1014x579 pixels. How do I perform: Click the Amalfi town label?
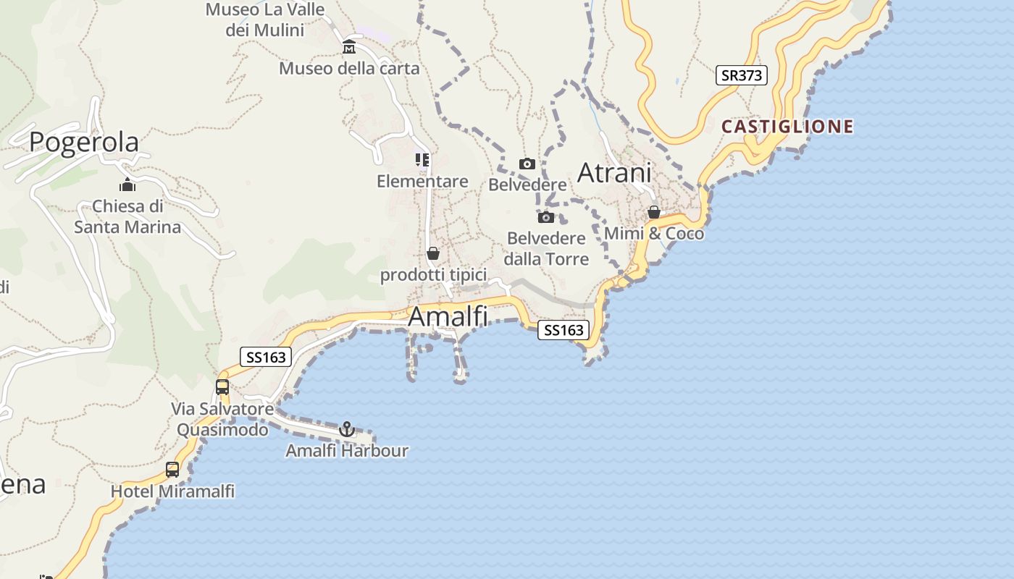point(448,317)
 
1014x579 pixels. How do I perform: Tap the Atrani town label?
point(614,173)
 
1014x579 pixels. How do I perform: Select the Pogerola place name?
point(84,142)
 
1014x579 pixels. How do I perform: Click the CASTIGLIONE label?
point(787,127)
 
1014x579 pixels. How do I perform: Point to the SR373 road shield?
point(741,75)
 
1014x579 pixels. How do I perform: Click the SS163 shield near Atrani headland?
point(563,330)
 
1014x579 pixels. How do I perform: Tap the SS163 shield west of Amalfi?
point(266,357)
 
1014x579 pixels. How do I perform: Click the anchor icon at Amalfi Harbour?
point(347,429)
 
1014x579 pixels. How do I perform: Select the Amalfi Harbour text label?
point(347,451)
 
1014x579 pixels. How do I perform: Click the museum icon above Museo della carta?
point(349,48)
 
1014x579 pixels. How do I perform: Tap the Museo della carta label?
point(349,69)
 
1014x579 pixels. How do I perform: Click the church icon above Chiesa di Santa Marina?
point(127,185)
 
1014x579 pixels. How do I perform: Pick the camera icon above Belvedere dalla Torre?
point(546,217)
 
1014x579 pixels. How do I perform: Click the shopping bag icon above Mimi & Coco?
point(653,212)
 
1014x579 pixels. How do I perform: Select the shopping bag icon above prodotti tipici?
point(433,253)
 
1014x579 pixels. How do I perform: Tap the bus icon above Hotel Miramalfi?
point(172,470)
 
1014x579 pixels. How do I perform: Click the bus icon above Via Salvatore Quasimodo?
point(222,387)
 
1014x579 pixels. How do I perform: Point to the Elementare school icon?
point(422,160)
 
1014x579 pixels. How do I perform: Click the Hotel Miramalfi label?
point(172,491)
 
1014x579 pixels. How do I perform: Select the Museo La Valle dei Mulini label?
point(265,20)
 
